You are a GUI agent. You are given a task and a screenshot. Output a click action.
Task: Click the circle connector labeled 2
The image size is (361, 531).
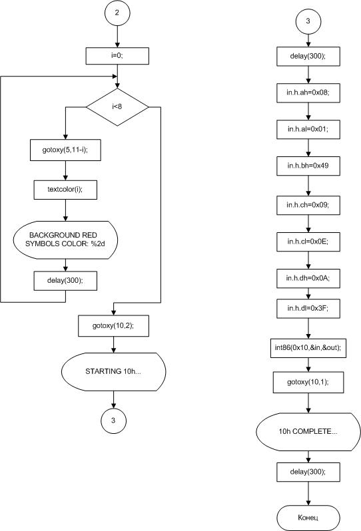pyautogui.click(x=117, y=13)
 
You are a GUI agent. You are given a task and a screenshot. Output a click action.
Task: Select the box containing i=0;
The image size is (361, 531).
pyautogui.click(x=117, y=56)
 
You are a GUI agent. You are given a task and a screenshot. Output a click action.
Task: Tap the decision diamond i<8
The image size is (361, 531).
pyautogui.click(x=117, y=107)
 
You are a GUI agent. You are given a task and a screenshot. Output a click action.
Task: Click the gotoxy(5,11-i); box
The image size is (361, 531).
pyautogui.click(x=65, y=150)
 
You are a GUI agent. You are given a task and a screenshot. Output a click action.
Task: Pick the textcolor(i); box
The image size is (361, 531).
pyautogui.click(x=65, y=190)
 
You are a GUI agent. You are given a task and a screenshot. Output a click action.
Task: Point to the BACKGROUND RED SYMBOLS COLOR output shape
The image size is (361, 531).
pyautogui.click(x=65, y=240)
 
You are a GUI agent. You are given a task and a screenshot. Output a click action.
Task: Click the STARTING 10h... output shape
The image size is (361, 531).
pyautogui.click(x=113, y=372)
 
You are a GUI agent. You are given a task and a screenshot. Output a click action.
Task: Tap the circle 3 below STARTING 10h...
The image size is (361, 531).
pyautogui.click(x=113, y=421)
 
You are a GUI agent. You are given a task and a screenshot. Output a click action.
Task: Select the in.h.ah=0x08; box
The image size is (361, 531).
pyautogui.click(x=308, y=92)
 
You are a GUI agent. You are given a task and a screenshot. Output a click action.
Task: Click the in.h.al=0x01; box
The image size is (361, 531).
pyautogui.click(x=308, y=129)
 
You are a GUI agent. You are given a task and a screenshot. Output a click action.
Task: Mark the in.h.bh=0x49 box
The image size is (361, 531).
pyautogui.click(x=308, y=166)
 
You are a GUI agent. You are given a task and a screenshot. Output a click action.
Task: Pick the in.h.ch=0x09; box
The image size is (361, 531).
pyautogui.click(x=308, y=205)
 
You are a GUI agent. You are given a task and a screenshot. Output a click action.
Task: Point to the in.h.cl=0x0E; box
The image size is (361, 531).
pyautogui.click(x=308, y=242)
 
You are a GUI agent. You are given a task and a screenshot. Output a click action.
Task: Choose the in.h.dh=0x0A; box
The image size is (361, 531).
pyautogui.click(x=308, y=278)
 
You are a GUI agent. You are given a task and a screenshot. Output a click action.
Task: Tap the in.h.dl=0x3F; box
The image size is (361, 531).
pyautogui.click(x=308, y=309)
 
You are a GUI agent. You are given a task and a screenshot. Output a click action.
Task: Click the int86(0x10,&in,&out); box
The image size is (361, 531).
pyautogui.click(x=308, y=348)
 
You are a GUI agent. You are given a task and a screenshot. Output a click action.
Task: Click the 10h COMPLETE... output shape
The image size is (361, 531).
pyautogui.click(x=308, y=432)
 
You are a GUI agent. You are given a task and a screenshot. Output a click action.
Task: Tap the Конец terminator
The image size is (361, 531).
pyautogui.click(x=308, y=518)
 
